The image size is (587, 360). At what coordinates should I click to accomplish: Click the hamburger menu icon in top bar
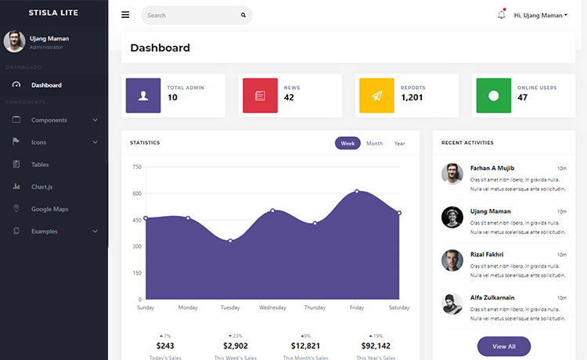pyautogui.click(x=125, y=15)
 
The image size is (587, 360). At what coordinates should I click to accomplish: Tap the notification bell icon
pyautogui.click(x=501, y=15)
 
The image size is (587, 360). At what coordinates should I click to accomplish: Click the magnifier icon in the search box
pyautogui.click(x=243, y=15)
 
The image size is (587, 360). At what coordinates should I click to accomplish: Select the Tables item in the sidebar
pyautogui.click(x=40, y=164)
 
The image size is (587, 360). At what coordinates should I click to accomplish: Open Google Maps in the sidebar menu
pyautogui.click(x=50, y=209)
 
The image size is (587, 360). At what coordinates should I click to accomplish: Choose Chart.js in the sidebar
pyautogui.click(x=42, y=187)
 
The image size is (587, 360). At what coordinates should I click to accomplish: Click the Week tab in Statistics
pyautogui.click(x=348, y=143)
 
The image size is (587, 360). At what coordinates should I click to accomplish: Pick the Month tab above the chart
pyautogui.click(x=374, y=143)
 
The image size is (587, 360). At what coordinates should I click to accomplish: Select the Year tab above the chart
pyautogui.click(x=399, y=143)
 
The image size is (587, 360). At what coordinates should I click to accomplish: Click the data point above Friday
pyautogui.click(x=357, y=191)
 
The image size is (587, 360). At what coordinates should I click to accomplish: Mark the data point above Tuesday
pyautogui.click(x=230, y=240)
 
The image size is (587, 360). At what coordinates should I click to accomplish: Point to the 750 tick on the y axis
pyautogui.click(x=137, y=167)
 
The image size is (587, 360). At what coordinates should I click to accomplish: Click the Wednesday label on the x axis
pyautogui.click(x=272, y=308)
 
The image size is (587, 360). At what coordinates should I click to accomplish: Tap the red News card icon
pyautogui.click(x=260, y=95)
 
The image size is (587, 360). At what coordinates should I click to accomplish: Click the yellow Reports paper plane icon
pyautogui.click(x=376, y=95)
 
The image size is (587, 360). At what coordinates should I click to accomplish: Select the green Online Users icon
pyautogui.click(x=493, y=95)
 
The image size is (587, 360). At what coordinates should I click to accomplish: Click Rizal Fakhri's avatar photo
pyautogui.click(x=452, y=261)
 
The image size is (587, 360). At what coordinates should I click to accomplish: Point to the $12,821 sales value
pyautogui.click(x=305, y=346)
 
